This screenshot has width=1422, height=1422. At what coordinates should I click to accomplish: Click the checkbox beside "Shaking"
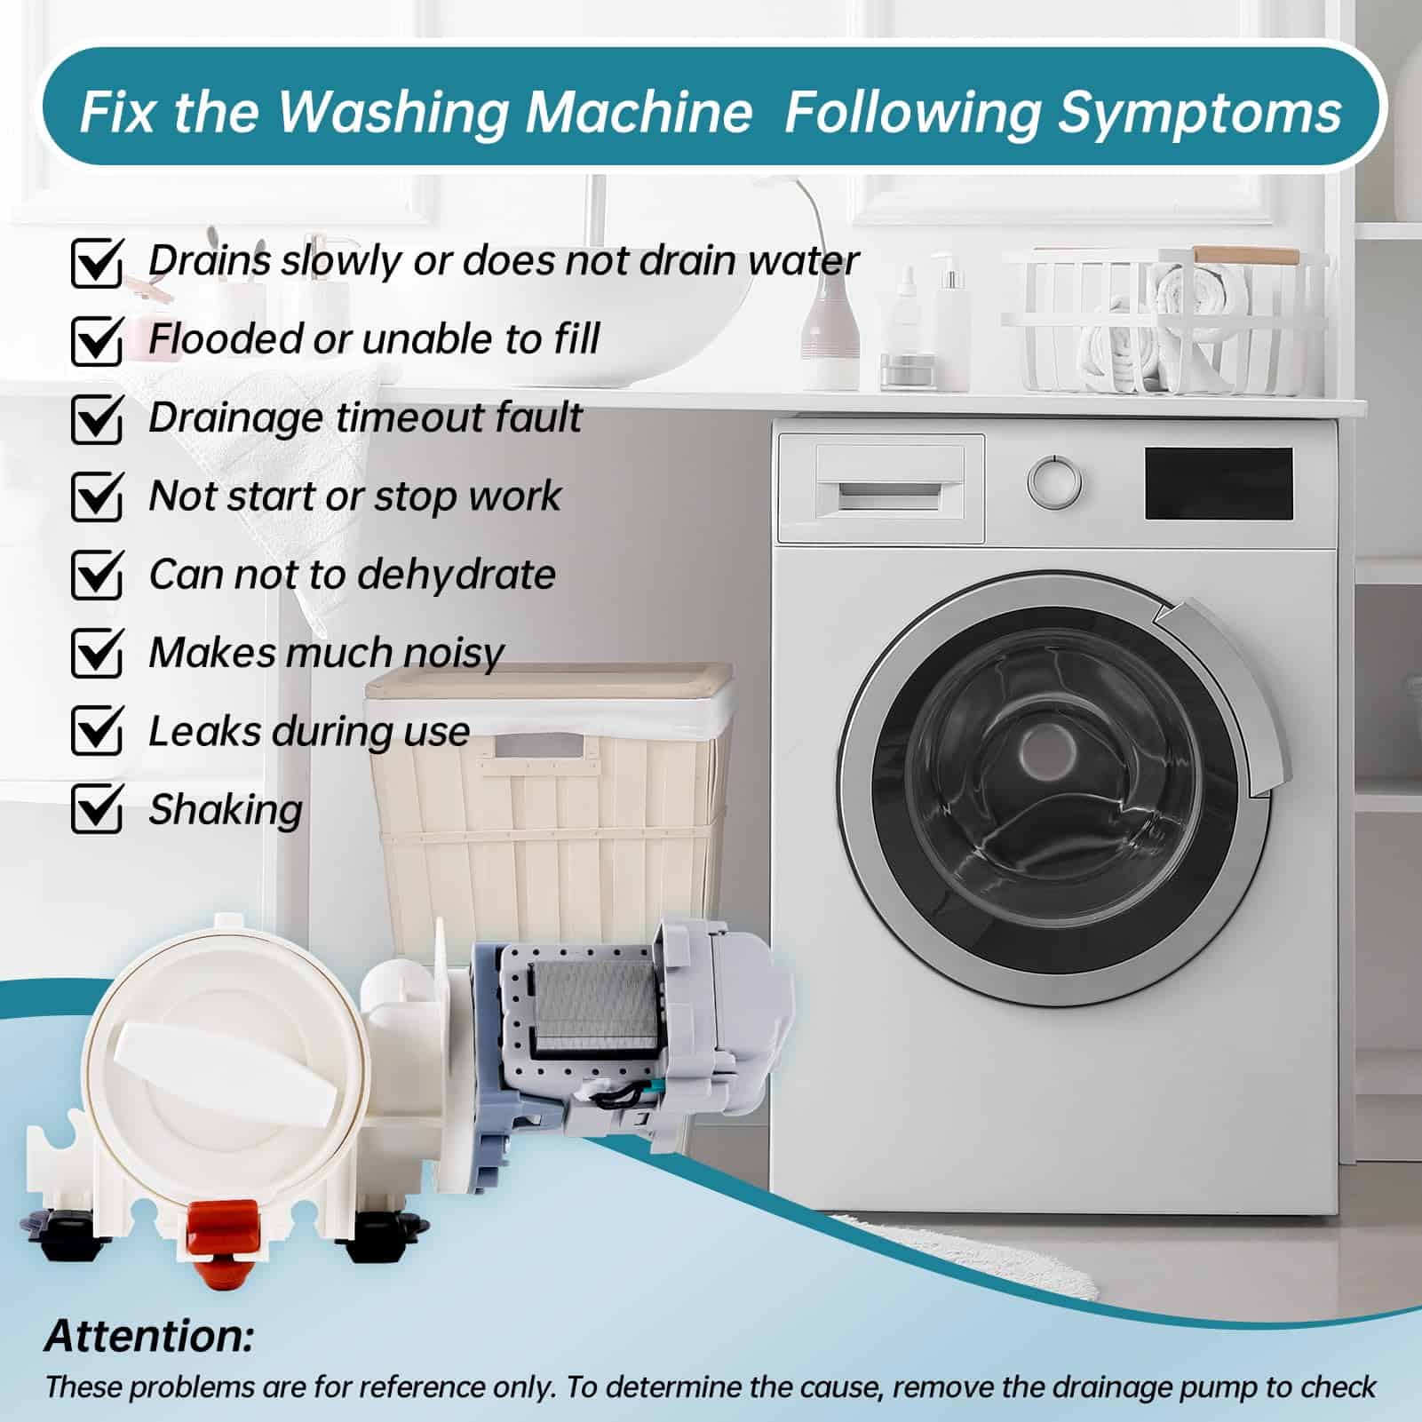pos(96,808)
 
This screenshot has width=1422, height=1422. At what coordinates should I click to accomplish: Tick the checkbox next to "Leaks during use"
pos(96,730)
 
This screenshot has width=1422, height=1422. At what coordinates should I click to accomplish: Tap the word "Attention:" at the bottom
pos(149,1335)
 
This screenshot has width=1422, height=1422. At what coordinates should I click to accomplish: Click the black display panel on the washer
pos(1219,483)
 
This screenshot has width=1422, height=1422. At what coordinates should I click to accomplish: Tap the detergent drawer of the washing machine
pos(881,489)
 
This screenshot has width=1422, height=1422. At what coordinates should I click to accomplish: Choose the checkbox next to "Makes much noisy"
pos(96,652)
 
